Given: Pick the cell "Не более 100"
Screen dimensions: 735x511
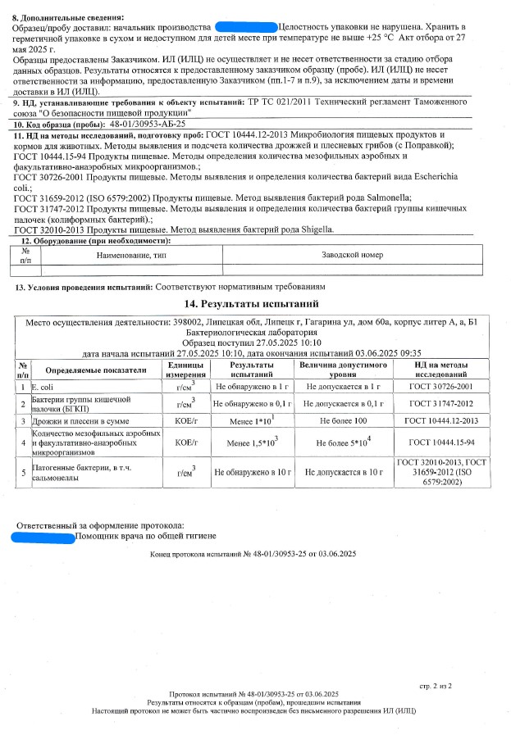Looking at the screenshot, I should coord(344,421).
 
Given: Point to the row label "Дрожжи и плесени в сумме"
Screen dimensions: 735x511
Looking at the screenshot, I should coord(74,421).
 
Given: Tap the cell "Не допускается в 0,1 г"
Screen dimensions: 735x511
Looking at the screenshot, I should coord(344,403).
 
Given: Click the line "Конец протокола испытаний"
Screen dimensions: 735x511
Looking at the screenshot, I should coord(253,555).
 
